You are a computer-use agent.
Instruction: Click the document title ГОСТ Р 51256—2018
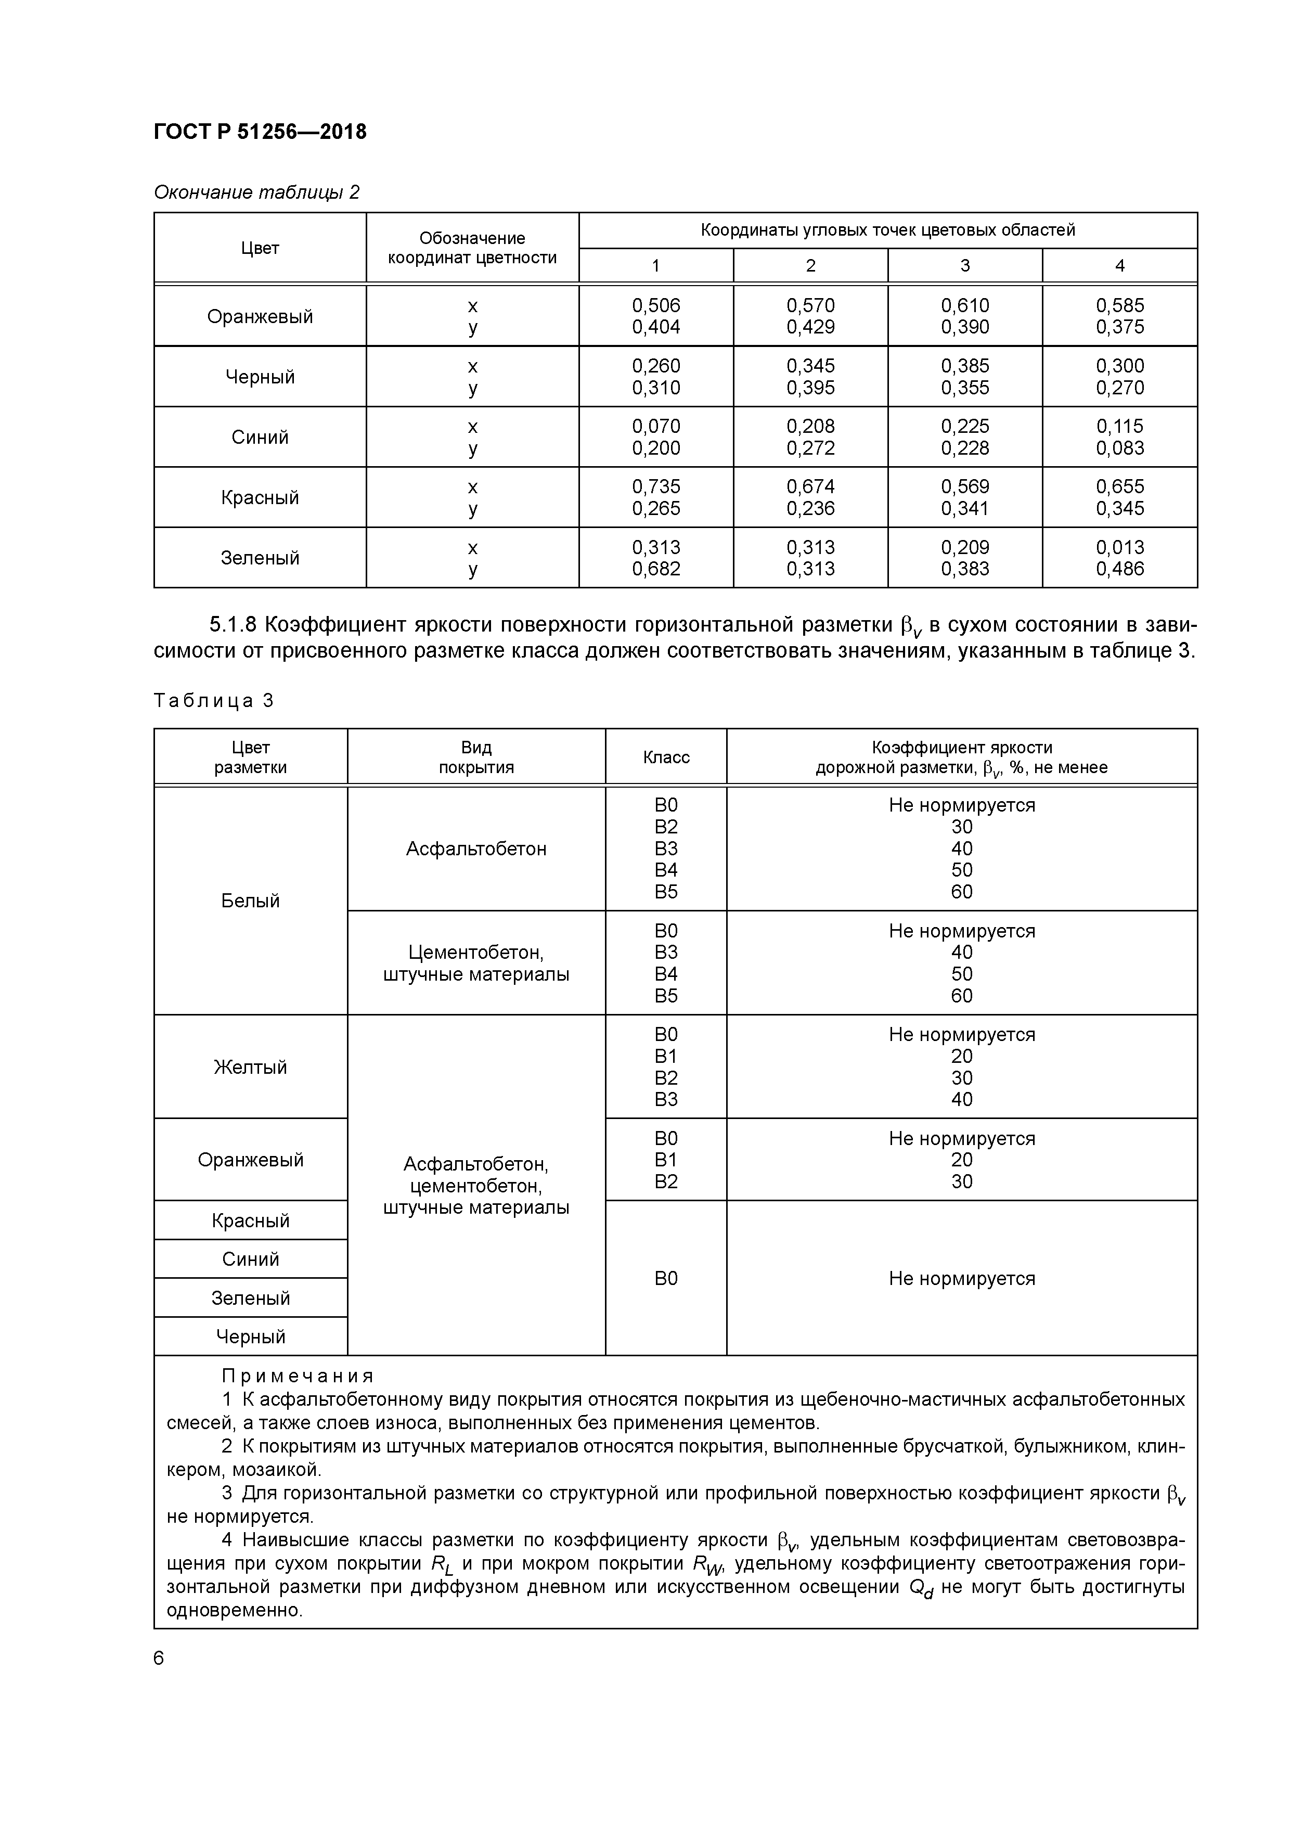coord(260,132)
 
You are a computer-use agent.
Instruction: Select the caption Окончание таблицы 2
coord(256,192)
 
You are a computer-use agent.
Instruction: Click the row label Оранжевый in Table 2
coord(260,316)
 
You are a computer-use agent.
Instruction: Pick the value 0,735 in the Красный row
coord(656,486)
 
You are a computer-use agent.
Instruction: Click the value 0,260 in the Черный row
coord(656,366)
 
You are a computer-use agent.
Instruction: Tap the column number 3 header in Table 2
coord(964,265)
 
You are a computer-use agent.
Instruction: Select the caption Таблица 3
coord(214,700)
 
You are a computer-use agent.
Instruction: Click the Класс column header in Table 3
coord(665,757)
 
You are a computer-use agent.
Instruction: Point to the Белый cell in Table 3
coord(250,901)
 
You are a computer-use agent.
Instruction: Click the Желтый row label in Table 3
coord(250,1066)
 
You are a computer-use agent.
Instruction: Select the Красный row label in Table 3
coord(250,1220)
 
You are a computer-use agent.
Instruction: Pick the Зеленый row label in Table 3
coord(250,1298)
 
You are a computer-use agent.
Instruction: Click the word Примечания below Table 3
coord(297,1376)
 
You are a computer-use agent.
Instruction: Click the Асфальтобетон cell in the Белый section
coord(476,849)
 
